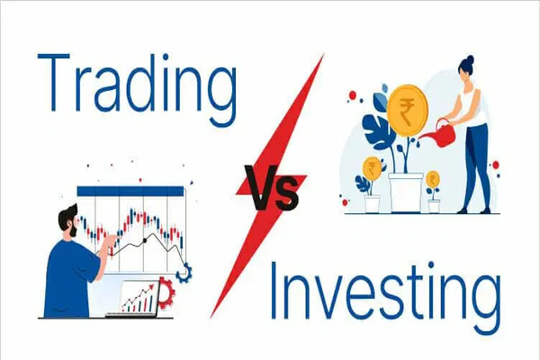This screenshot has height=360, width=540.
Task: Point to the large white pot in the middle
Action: click(407, 192)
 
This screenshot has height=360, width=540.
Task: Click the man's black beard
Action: click(75, 230)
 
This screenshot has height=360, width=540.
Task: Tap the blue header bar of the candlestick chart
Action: click(130, 191)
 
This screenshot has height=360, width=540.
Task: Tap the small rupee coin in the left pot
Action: click(372, 168)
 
